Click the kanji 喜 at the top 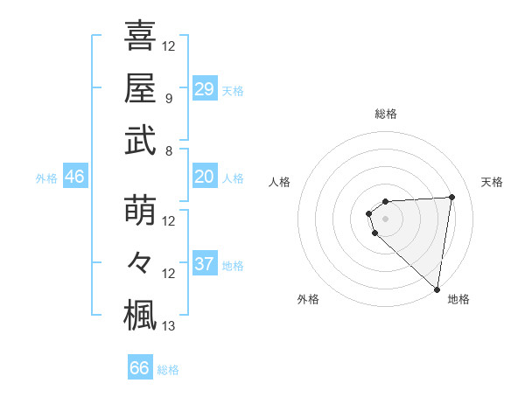140,36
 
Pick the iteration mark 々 140,262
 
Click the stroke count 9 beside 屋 169,98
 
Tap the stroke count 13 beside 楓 169,326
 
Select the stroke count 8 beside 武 169,150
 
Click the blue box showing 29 204,89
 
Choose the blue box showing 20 204,177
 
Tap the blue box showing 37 204,264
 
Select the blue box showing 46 74,177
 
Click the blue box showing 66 139,368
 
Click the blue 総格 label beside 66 168,370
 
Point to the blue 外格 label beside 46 46,178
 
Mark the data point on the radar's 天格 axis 451,197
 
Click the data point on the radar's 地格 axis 437,289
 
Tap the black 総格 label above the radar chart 385,114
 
